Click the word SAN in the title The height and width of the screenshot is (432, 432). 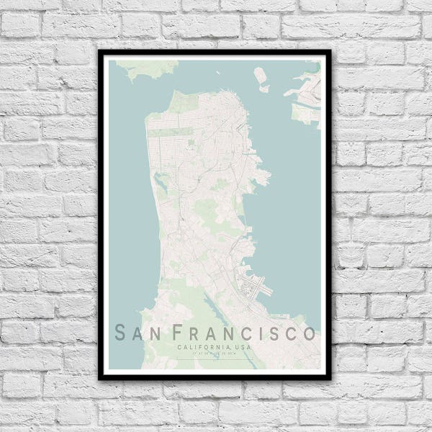[x=138, y=333]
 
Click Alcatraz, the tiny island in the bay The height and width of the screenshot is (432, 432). [x=260, y=73]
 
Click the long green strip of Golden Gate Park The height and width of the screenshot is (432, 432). [x=173, y=132]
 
